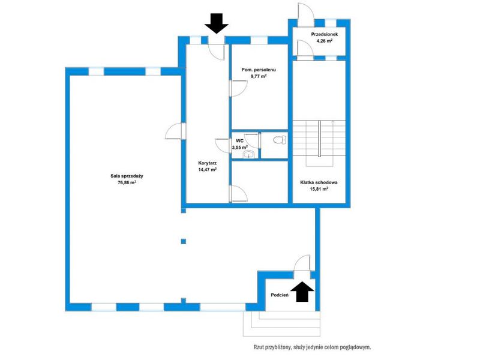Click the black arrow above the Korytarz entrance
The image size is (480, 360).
[x=217, y=23]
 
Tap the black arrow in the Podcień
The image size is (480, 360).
[x=302, y=292]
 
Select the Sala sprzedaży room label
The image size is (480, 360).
[x=127, y=176]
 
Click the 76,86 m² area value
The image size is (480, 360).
[x=127, y=183]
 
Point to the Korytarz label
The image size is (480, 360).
[x=207, y=163]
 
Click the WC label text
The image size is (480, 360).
[x=239, y=140]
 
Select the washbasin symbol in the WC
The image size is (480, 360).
[x=249, y=155]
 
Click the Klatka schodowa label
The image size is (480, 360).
[x=319, y=182]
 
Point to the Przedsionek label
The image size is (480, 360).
[x=325, y=34]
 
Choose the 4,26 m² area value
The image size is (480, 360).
[x=325, y=41]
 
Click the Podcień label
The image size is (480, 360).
[x=280, y=295]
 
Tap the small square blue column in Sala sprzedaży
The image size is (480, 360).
[x=184, y=241]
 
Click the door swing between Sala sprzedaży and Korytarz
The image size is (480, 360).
[x=173, y=131]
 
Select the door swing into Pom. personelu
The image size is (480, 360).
[x=238, y=88]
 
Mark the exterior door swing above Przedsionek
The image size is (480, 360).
[x=305, y=11]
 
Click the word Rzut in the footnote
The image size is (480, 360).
[x=259, y=347]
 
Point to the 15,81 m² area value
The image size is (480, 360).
[x=319, y=189]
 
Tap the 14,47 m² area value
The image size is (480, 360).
[x=207, y=170]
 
